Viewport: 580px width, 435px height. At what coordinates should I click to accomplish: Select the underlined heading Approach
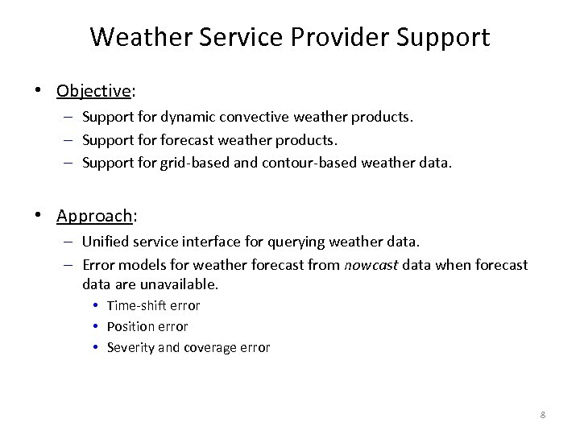point(94,215)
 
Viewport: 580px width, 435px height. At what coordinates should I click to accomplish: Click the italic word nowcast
point(370,264)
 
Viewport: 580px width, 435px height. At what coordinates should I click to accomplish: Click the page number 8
point(542,414)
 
